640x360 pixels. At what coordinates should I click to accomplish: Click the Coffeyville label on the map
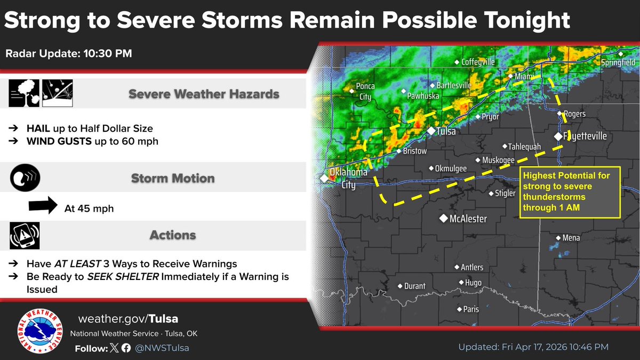coord(478,62)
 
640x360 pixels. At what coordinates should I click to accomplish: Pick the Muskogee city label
coord(498,160)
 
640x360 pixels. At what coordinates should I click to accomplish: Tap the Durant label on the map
coord(414,286)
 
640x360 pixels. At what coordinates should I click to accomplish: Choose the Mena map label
coord(571,238)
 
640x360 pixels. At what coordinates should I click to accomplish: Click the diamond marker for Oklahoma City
coord(324,178)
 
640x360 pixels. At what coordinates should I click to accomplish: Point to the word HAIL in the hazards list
coord(38,129)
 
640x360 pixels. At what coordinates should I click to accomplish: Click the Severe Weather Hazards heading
coord(204,94)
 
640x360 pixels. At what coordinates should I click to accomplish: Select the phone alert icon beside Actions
coord(24,235)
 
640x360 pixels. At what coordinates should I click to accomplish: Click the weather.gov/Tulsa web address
coord(128,319)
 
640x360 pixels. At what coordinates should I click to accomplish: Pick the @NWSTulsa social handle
coord(162,348)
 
